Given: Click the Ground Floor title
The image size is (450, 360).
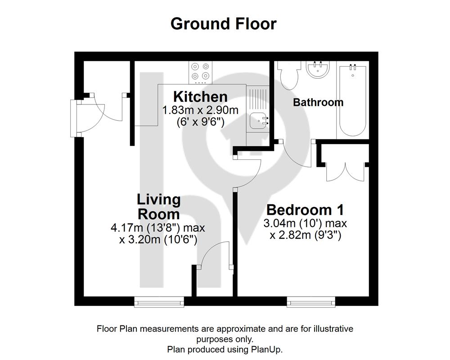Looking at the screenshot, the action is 224,24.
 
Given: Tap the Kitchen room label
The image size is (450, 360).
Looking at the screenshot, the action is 200,97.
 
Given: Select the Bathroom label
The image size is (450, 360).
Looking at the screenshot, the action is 318,102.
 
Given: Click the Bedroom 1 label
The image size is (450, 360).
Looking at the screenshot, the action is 305,210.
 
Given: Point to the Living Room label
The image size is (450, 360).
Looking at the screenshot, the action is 159,207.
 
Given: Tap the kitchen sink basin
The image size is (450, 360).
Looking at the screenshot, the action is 259,121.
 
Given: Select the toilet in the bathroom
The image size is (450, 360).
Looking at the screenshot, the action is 290,75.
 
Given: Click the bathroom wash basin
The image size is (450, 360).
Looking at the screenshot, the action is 318,69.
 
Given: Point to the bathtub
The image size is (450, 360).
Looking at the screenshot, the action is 353,101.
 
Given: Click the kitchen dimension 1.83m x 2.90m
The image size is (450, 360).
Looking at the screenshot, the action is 200,110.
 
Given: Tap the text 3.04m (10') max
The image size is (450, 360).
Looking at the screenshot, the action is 305,223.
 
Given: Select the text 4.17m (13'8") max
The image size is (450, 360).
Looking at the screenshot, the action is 158,228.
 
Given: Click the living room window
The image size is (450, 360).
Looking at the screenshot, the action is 159,301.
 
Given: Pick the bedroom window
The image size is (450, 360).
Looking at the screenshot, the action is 311,301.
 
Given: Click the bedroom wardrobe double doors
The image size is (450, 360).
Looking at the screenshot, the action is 345,172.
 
